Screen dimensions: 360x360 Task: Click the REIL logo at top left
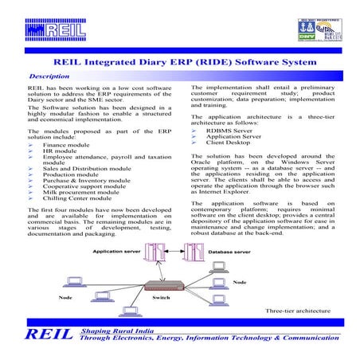click(x=61, y=32)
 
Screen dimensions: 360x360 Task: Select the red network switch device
click(x=164, y=284)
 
